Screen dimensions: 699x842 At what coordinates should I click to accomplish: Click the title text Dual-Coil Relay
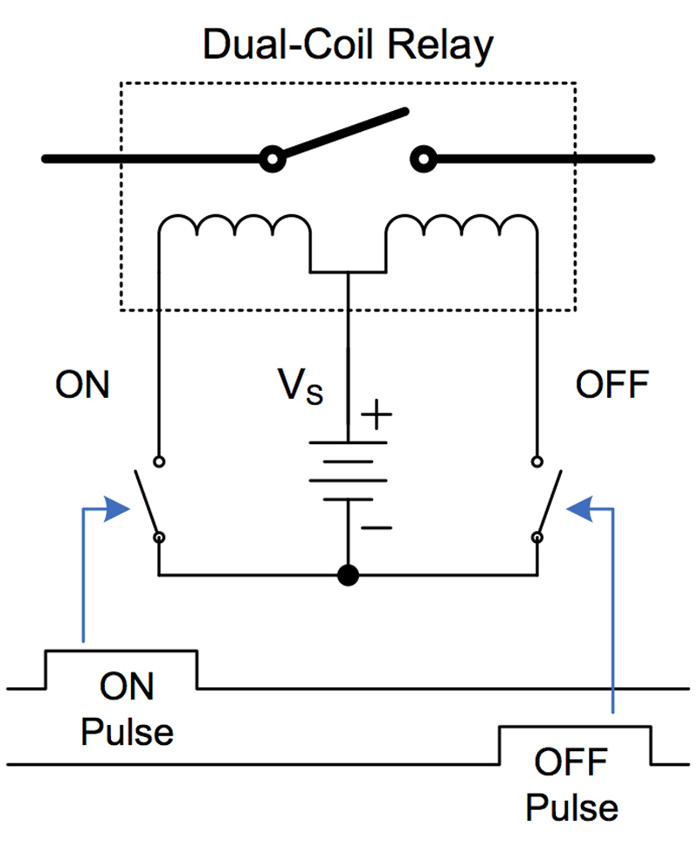coord(348,45)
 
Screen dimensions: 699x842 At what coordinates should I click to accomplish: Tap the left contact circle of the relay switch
coord(273,159)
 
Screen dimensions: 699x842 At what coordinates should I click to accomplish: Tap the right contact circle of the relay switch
coord(424,159)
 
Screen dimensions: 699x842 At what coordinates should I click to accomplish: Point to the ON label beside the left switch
coord(83,385)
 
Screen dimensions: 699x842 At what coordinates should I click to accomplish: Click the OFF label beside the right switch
coord(612,385)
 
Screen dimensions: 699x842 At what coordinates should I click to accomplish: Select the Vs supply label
coord(301,386)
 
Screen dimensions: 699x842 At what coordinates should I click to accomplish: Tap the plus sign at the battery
coord(377,414)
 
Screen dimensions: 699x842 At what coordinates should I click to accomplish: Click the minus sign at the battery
coord(377,528)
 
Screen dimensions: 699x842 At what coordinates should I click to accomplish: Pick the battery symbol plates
coord(348,471)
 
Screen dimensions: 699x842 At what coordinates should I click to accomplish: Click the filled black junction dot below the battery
coord(348,575)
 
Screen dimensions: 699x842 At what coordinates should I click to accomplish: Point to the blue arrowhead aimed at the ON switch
coord(117,509)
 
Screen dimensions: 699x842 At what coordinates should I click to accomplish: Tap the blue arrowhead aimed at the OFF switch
coord(579,509)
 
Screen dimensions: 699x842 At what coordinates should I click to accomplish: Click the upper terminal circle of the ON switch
coord(159,462)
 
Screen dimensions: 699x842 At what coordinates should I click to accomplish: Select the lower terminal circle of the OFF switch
coord(537,538)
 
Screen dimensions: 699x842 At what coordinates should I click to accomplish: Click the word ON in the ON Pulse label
coord(127,686)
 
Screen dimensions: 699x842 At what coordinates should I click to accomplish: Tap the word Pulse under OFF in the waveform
coord(571,808)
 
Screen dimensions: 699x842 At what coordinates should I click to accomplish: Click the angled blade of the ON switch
coord(146,503)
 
